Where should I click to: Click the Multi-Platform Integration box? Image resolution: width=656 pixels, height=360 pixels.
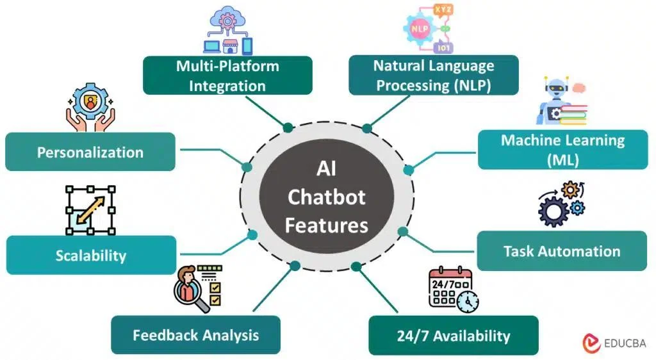tap(227, 76)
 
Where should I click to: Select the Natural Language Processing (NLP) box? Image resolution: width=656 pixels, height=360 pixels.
tap(434, 76)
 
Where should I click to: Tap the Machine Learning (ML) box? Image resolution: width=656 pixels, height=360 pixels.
tap(562, 150)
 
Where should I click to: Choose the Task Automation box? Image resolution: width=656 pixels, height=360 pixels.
tap(562, 251)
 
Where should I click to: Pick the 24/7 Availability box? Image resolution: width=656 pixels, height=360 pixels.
tap(453, 336)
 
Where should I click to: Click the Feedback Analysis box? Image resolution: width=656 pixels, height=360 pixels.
tap(195, 335)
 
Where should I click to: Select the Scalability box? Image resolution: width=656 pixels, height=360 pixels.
tap(90, 256)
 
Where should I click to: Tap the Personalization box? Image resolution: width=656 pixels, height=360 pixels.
tap(90, 152)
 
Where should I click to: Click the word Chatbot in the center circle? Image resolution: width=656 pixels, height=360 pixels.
tap(326, 197)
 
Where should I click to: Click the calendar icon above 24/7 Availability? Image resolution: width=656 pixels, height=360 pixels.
tap(452, 290)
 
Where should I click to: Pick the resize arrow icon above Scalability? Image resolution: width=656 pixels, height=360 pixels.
tap(90, 210)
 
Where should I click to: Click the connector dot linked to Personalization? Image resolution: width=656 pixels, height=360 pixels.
tap(247, 167)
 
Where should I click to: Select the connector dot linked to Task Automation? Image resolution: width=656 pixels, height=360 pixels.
tap(403, 231)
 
